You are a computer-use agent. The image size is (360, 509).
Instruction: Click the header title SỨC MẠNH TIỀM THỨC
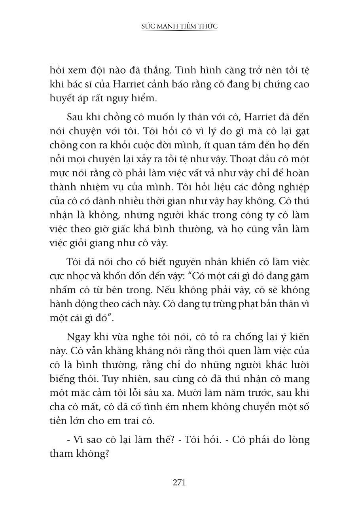click(x=179, y=26)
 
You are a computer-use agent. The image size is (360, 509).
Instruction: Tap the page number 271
click(x=179, y=482)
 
